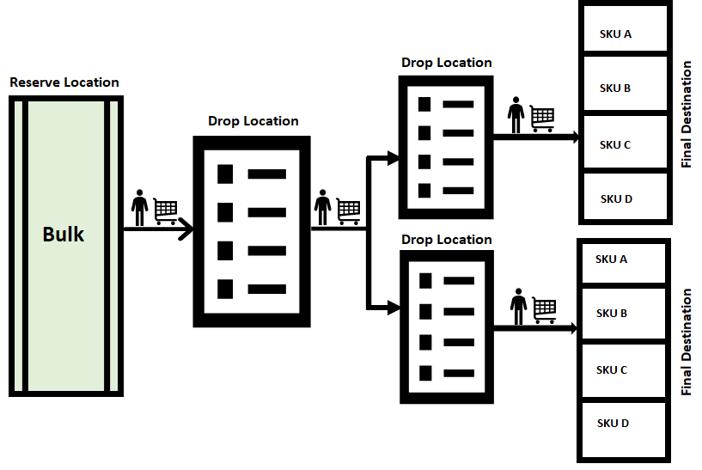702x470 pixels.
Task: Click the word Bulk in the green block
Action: (64, 234)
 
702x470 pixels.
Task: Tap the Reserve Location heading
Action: (64, 82)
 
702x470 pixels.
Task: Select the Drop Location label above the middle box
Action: (253, 121)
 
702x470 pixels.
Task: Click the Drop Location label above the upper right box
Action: (447, 63)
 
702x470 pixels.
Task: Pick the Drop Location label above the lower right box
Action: (447, 240)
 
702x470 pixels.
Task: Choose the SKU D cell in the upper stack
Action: (624, 198)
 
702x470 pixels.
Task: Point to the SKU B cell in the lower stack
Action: (624, 314)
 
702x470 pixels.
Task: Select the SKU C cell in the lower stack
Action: (624, 370)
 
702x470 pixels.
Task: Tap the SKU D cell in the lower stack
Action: (624, 424)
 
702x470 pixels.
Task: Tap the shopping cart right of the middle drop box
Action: (348, 211)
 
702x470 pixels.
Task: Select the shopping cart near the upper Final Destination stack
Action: (542, 119)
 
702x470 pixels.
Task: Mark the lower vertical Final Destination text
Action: (686, 342)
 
